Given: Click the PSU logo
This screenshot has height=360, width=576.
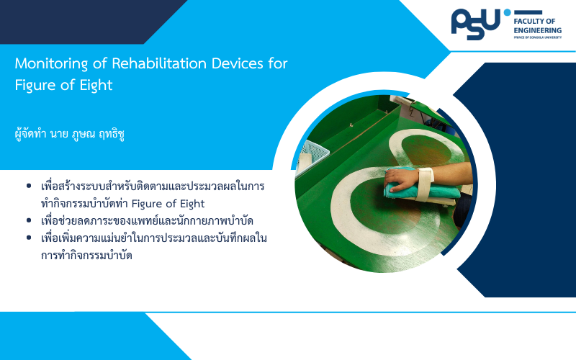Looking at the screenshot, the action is coord(476,24).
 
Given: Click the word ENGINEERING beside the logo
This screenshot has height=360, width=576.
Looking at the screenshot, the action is coord(537,30).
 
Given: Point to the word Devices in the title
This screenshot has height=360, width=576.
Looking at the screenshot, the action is coord(238,63).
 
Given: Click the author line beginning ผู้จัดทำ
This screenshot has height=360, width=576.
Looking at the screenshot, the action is coord(69,134).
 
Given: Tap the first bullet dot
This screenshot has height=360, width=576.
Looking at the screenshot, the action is coord(29,186).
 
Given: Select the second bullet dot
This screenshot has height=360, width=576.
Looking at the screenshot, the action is coord(29,220).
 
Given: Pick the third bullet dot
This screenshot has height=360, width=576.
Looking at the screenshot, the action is coord(29,238).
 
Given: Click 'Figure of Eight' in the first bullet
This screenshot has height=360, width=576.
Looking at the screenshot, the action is coord(168,204).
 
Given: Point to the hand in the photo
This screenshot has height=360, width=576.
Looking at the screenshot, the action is coord(400,179).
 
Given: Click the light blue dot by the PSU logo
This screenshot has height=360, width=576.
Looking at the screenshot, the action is coord(508,12).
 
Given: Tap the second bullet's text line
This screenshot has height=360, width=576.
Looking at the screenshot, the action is coord(148,221).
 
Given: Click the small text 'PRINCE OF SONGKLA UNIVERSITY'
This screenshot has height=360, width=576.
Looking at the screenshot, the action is coord(537,37).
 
